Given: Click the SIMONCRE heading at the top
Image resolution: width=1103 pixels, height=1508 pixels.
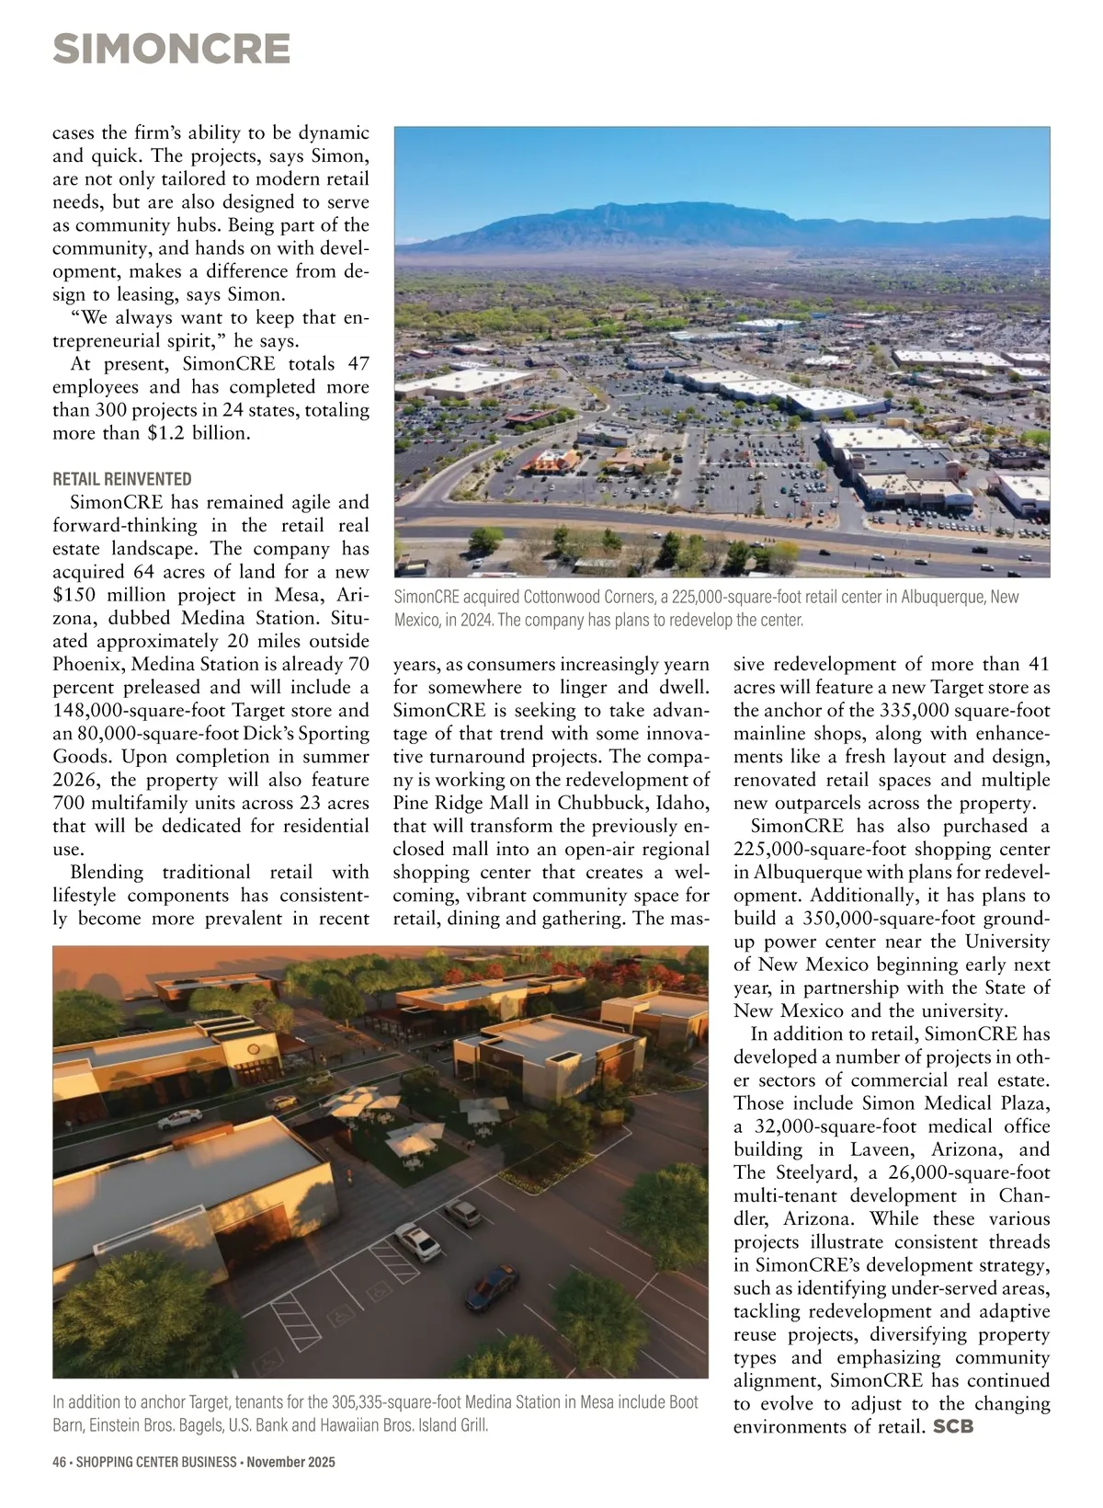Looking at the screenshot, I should pos(172,50).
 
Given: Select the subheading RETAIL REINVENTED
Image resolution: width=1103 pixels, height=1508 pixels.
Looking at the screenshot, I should pos(122,479).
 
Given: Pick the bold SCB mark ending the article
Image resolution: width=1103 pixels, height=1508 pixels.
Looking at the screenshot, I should pos(953,1427).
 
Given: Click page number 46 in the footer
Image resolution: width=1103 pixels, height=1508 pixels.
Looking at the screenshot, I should pos(61,1462).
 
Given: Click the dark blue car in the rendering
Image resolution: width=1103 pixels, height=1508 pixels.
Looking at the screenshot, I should pos(492,1285).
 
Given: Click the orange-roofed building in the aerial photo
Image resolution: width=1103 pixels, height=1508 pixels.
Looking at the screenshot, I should pos(551,460).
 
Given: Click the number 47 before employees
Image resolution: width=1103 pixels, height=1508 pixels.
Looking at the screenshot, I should pos(358,364).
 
